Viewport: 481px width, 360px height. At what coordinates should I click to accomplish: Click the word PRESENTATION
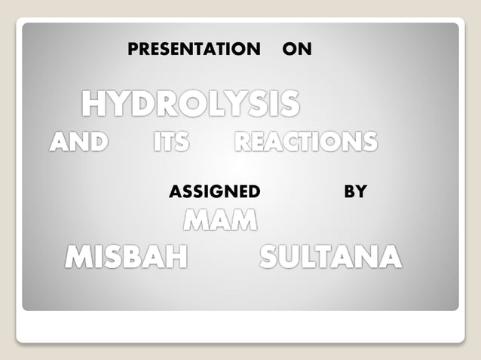point(194,50)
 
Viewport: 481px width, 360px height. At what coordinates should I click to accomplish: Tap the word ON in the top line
point(296,50)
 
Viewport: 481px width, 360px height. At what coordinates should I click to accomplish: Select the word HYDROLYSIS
point(190,104)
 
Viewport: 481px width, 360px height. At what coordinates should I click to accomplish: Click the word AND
point(78,142)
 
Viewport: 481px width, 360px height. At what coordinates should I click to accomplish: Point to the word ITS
point(171,142)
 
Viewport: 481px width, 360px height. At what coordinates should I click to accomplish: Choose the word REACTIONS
point(306,142)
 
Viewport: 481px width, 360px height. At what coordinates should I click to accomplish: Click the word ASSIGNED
point(215,192)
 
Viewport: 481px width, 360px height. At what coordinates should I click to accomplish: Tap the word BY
point(354,192)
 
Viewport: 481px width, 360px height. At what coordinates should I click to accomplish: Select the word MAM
point(220,221)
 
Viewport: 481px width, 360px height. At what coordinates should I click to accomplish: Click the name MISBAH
point(126,258)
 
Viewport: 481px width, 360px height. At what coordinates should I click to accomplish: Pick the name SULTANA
point(330,258)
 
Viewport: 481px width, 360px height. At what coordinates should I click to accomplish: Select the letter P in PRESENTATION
point(133,50)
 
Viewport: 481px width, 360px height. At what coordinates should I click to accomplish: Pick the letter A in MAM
point(220,221)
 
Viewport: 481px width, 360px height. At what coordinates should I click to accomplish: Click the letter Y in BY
point(360,192)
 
